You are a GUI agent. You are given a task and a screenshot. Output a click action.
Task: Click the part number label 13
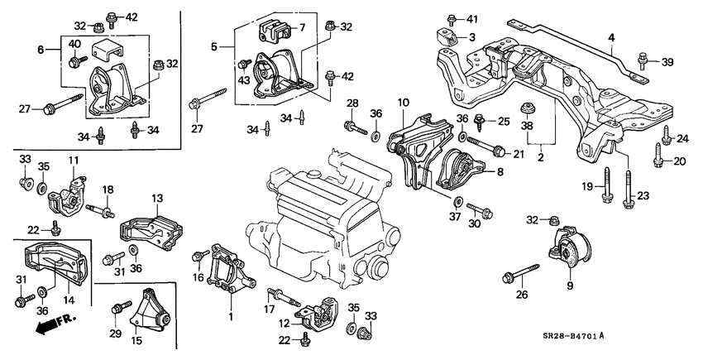157,198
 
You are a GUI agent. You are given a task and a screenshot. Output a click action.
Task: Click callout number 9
570,286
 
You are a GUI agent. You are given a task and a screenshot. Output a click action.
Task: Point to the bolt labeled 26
520,273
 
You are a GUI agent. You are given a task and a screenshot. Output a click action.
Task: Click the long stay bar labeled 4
578,50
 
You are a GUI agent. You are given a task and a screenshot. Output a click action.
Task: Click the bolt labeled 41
452,20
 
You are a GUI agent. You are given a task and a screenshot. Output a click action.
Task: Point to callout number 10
403,103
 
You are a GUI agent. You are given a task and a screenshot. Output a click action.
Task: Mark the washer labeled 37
457,200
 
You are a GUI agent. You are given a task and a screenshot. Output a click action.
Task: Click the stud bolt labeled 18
99,209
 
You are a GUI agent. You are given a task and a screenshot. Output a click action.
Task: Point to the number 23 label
643,195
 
